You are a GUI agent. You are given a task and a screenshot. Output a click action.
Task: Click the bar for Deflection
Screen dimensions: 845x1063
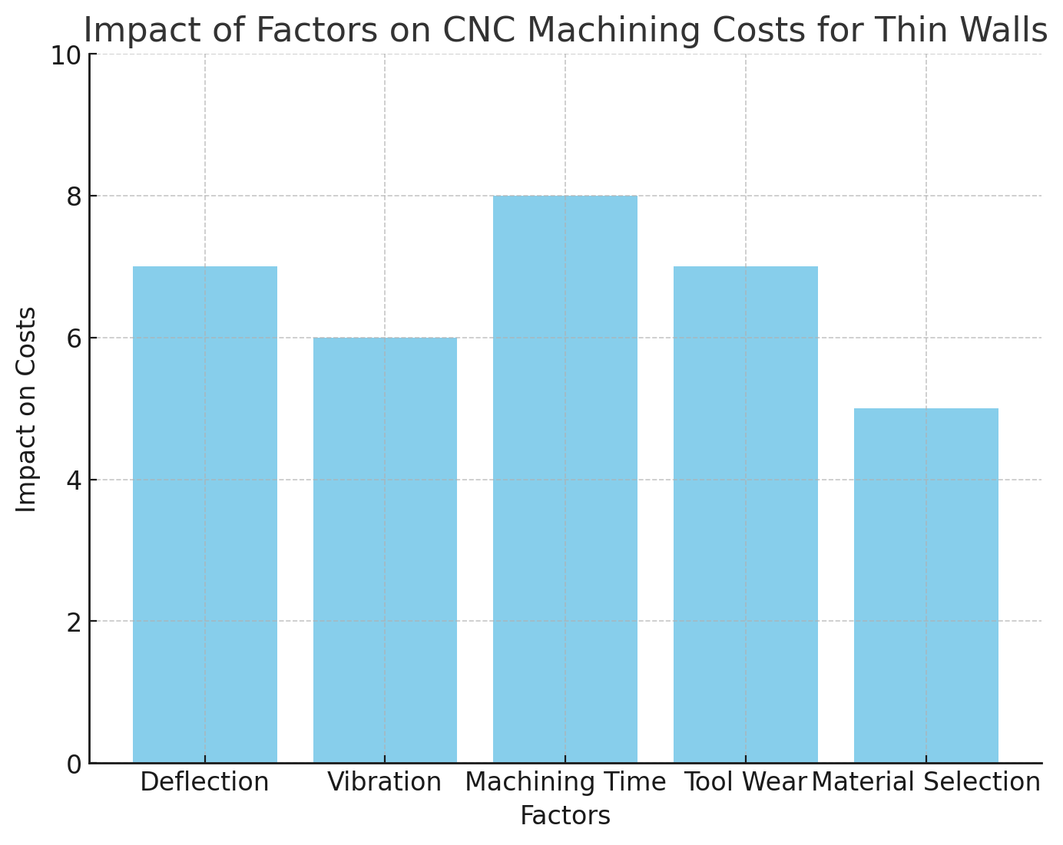click(x=204, y=514)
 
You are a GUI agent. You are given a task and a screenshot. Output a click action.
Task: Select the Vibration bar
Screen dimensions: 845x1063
click(x=385, y=550)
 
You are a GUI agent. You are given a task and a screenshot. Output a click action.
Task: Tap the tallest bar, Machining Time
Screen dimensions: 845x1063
click(x=565, y=479)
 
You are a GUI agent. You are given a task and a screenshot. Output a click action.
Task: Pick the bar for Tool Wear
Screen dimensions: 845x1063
click(x=745, y=514)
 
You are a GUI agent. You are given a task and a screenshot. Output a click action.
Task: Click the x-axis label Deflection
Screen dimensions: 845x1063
click(x=204, y=782)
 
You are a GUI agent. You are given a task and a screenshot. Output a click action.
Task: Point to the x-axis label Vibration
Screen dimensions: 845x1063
click(x=385, y=782)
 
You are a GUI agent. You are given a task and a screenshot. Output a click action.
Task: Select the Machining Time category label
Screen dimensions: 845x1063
click(x=565, y=782)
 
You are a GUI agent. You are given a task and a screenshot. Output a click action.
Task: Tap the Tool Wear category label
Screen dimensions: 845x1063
click(x=745, y=782)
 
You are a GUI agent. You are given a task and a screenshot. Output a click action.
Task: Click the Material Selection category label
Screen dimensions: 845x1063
click(x=926, y=782)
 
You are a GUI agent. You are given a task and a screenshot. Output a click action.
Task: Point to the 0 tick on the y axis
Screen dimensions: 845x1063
click(x=74, y=764)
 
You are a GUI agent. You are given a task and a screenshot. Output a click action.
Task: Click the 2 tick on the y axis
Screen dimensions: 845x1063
click(x=74, y=622)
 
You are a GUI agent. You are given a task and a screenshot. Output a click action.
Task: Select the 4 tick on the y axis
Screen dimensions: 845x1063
click(x=74, y=480)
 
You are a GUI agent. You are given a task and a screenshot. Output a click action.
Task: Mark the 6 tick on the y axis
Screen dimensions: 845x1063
click(x=74, y=338)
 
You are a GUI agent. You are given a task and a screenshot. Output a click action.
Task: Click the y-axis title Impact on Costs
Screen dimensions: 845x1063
click(x=27, y=409)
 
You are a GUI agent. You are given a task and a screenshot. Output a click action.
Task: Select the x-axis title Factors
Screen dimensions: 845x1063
click(x=565, y=816)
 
